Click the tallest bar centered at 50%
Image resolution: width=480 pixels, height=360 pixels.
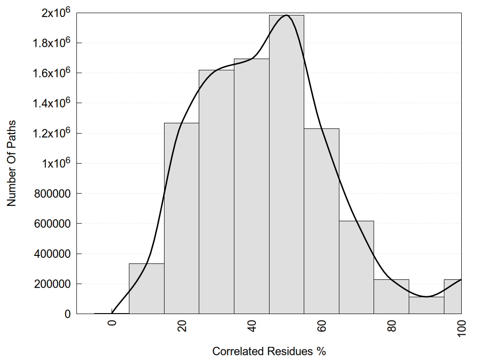[x=286, y=164]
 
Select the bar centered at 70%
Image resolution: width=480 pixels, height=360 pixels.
[x=356, y=267]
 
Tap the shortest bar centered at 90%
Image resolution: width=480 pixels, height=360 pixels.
[x=426, y=305]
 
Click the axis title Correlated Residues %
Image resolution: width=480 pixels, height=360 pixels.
[x=269, y=351]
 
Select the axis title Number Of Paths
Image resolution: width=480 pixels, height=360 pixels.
[x=12, y=164]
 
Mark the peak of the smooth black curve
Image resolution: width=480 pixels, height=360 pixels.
[x=286, y=15]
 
